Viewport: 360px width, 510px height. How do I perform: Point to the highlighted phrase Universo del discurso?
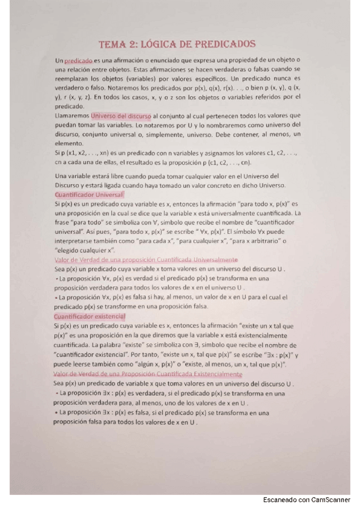pos(124,115)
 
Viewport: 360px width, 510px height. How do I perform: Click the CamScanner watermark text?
pos(307,500)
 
